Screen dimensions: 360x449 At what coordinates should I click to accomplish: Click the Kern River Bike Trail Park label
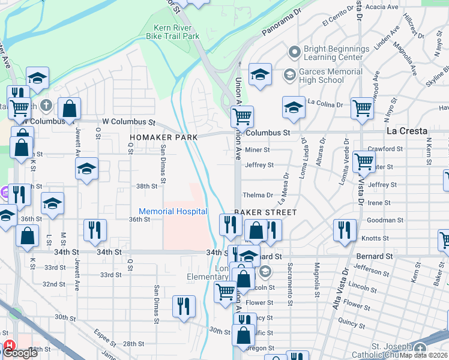[173, 32]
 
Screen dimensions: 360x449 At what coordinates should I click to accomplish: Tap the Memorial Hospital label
[173, 211]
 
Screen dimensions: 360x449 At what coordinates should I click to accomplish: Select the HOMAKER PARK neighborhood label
[164, 137]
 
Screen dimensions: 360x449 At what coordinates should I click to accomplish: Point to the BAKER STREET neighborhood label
[265, 212]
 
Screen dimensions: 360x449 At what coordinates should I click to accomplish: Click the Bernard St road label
[373, 256]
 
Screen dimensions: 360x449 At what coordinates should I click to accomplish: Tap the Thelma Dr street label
[258, 195]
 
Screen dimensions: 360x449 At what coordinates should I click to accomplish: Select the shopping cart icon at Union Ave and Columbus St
[242, 116]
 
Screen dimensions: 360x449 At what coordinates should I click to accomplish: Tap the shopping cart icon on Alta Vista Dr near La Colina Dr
[363, 109]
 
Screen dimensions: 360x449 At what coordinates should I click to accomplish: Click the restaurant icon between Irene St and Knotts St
[345, 230]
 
